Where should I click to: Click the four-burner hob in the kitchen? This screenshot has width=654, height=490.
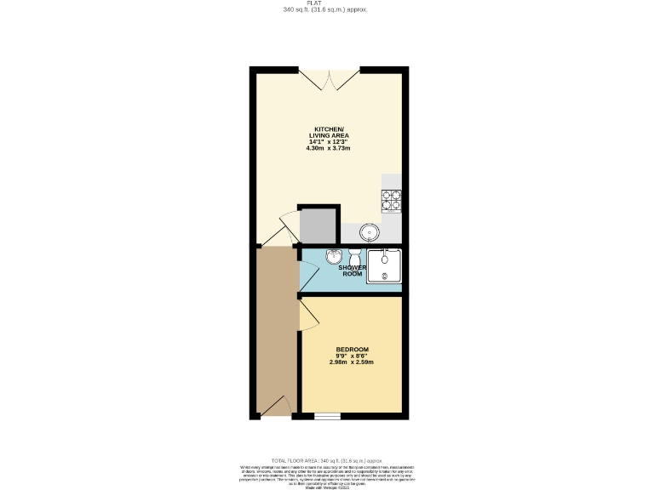pyautogui.click(x=392, y=199)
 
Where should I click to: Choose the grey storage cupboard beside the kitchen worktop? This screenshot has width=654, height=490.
pyautogui.click(x=318, y=225)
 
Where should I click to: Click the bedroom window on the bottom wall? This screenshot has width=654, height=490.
pyautogui.click(x=327, y=416)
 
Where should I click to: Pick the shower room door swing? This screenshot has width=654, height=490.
pyautogui.click(x=309, y=274)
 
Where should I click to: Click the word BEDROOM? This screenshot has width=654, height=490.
pyautogui.click(x=352, y=350)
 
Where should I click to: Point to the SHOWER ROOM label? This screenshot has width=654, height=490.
pyautogui.click(x=353, y=271)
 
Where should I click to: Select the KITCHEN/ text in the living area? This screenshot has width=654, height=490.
pyautogui.click(x=328, y=128)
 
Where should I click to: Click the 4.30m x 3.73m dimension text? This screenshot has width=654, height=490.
pyautogui.click(x=328, y=148)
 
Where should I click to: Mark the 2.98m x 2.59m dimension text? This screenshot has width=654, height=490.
pyautogui.click(x=352, y=362)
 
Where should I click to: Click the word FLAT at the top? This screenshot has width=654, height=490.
pyautogui.click(x=326, y=3)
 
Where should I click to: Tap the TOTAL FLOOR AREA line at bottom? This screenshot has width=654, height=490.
pyautogui.click(x=327, y=459)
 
